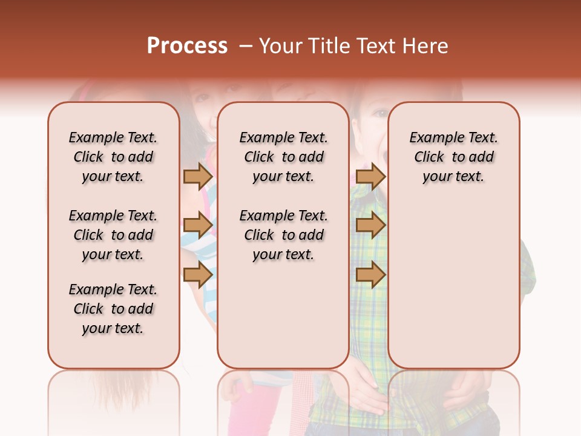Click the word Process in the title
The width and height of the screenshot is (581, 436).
pos(187,46)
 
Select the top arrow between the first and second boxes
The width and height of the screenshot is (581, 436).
pos(197,176)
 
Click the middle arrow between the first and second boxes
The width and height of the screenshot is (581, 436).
pos(197,225)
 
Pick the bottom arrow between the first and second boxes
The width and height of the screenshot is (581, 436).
pos(197,274)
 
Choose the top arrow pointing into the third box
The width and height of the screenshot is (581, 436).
pos(370,176)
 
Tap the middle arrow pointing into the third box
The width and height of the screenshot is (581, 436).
pos(370,225)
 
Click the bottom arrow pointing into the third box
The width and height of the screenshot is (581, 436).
pos(370,274)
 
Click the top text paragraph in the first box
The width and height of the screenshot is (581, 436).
pos(113,157)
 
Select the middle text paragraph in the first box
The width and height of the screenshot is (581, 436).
pos(113,235)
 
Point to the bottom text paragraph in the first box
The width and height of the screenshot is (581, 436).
pos(113,309)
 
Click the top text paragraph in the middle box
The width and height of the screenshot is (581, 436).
pos(283,157)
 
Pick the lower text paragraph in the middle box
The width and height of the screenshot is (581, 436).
pos(283,235)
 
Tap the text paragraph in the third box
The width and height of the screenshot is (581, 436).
pos(453,157)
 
